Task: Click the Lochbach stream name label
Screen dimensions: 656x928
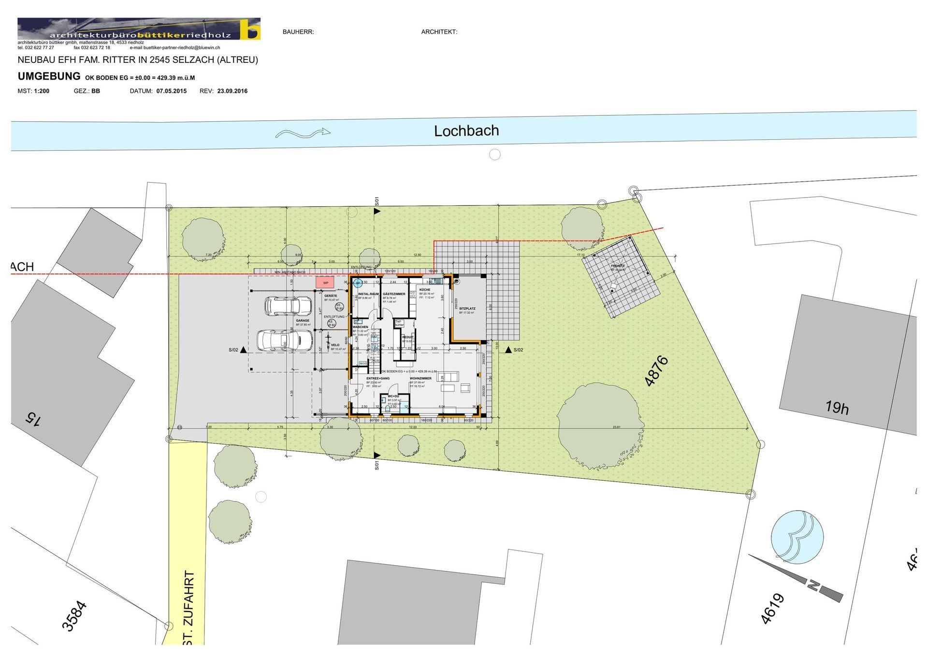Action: pos(466,131)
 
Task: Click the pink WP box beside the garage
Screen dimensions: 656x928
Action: pos(325,283)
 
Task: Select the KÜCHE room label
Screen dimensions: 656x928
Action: pos(425,290)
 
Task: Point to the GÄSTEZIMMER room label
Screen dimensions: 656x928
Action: pos(394,294)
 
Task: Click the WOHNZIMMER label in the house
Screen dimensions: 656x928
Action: pos(420,379)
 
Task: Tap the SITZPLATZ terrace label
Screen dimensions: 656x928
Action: pos(467,308)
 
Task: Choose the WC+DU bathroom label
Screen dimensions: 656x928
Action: pos(393,396)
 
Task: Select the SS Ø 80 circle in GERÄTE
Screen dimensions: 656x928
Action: pos(339,306)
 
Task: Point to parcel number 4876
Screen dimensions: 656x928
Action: pos(657,371)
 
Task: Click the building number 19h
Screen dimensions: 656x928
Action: pos(837,408)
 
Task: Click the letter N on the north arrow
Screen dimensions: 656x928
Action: pos(812,586)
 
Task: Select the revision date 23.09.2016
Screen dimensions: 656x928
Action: pos(232,91)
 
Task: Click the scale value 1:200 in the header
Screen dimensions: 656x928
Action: pos(42,91)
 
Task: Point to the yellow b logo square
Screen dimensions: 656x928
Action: pos(251,29)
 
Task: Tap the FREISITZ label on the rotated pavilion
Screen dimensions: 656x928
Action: pos(618,266)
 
